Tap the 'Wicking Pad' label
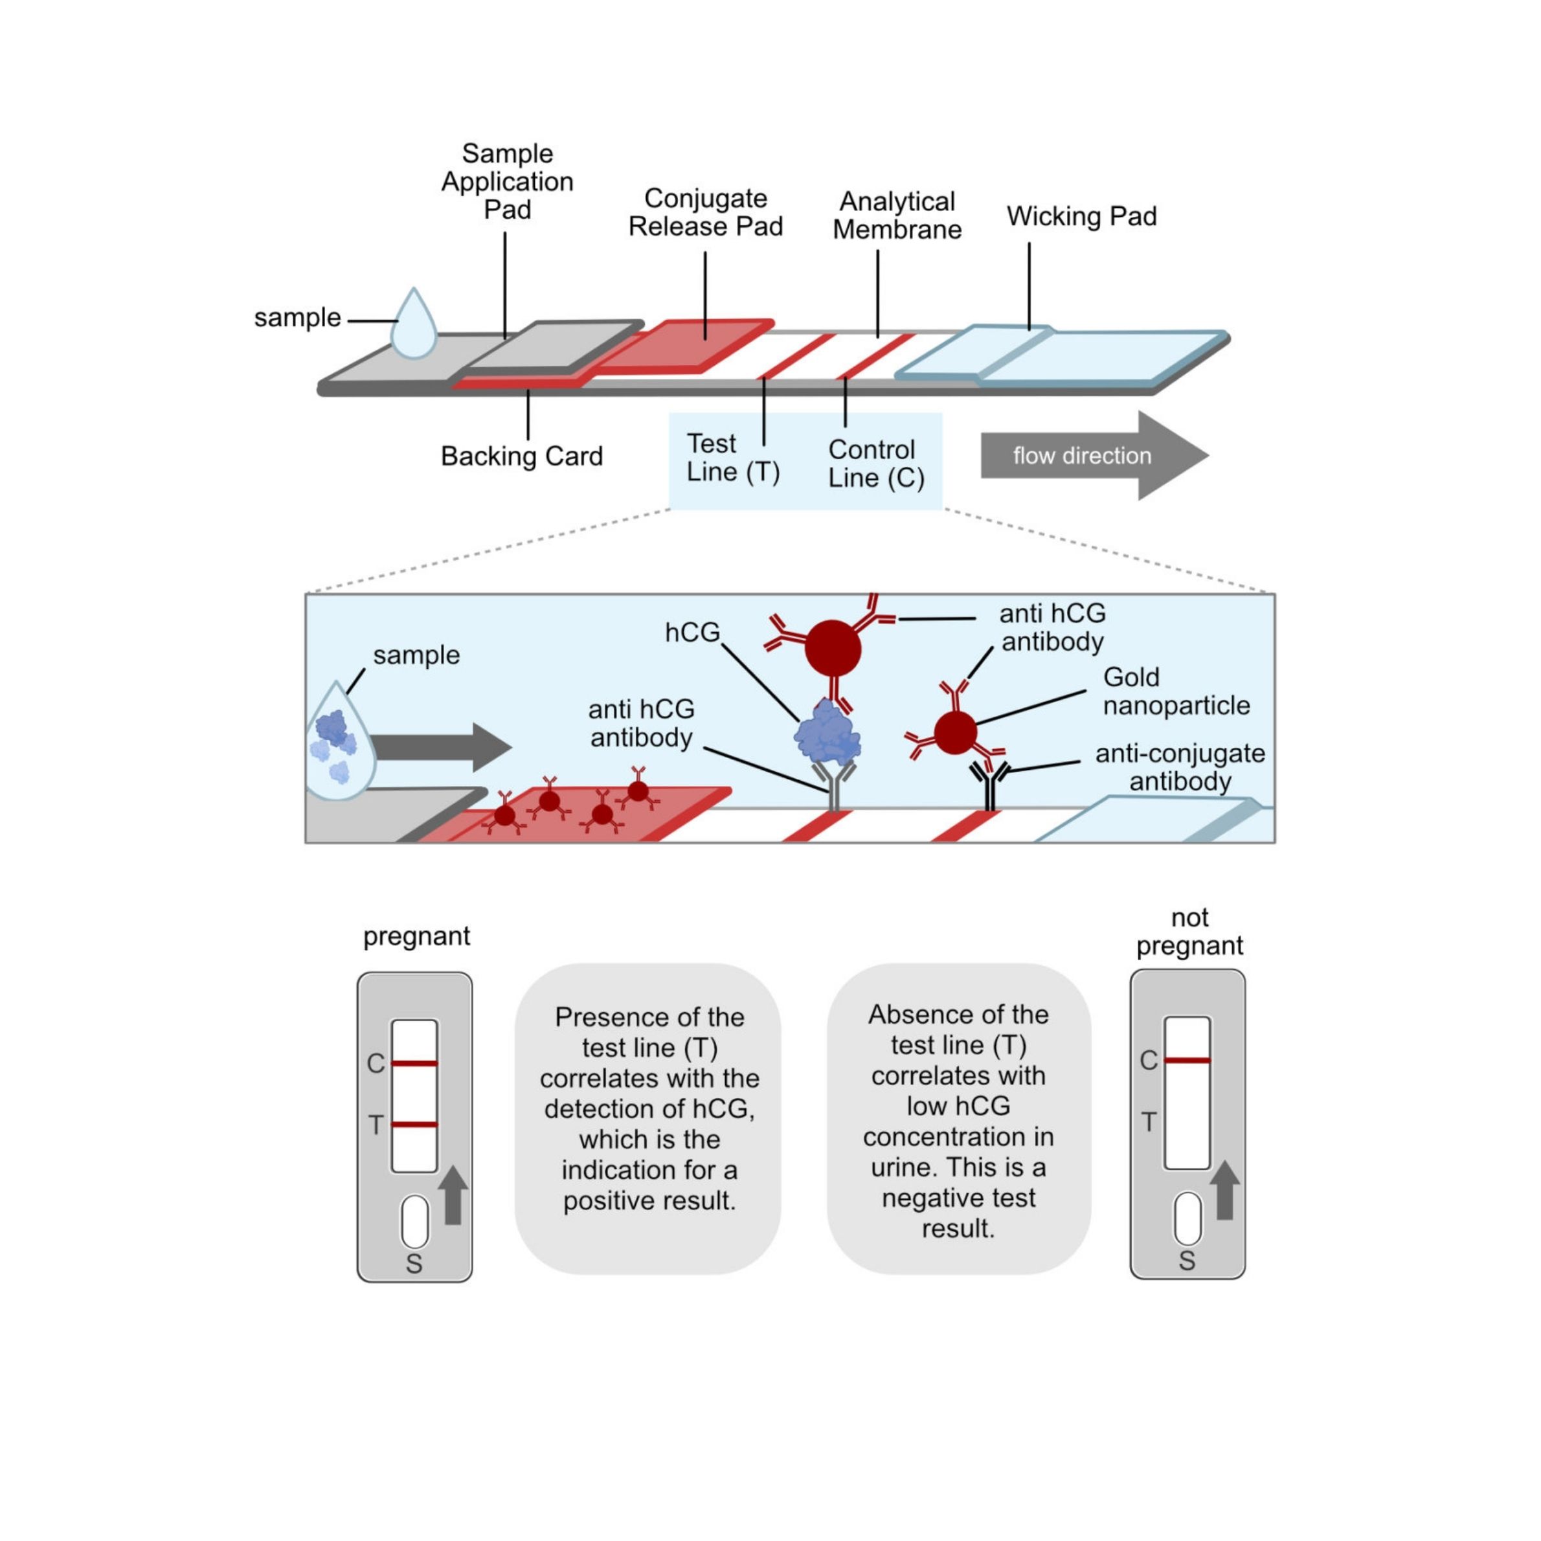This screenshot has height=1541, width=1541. click(x=1081, y=216)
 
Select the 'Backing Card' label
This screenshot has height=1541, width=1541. click(x=522, y=456)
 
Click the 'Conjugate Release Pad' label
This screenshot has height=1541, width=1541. click(x=705, y=212)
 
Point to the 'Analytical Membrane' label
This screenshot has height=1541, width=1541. click(x=897, y=216)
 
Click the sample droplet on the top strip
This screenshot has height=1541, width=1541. click(x=414, y=326)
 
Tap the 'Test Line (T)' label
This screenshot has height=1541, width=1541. click(x=732, y=458)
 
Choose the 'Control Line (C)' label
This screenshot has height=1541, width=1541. click(x=876, y=464)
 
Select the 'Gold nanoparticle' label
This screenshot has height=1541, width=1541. click(x=1176, y=691)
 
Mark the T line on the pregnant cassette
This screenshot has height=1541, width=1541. click(x=414, y=1125)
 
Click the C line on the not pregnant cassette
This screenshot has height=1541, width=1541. click(x=1187, y=1060)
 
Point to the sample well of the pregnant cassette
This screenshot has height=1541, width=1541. click(x=415, y=1221)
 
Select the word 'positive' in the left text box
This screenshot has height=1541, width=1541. click(x=609, y=1200)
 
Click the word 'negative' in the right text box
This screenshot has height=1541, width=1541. click(x=922, y=1198)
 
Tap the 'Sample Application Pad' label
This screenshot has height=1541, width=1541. click(x=507, y=181)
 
